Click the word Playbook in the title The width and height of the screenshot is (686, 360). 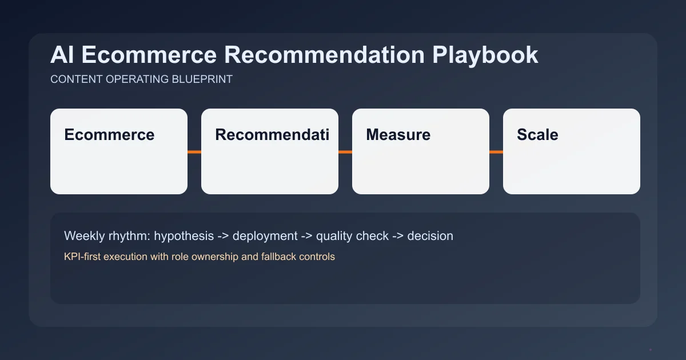485,55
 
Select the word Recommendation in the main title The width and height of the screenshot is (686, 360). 324,55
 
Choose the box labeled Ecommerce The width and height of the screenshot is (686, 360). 119,151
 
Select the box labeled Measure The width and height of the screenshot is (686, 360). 421,151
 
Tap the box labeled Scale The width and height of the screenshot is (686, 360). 572,151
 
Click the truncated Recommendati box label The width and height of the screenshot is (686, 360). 272,135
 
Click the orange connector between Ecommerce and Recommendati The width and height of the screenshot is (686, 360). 194,152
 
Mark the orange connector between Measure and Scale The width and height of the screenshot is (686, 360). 496,152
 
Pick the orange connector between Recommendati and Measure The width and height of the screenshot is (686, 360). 345,152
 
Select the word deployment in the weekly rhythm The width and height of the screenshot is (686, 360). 265,235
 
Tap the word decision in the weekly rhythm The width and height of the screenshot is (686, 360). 430,235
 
